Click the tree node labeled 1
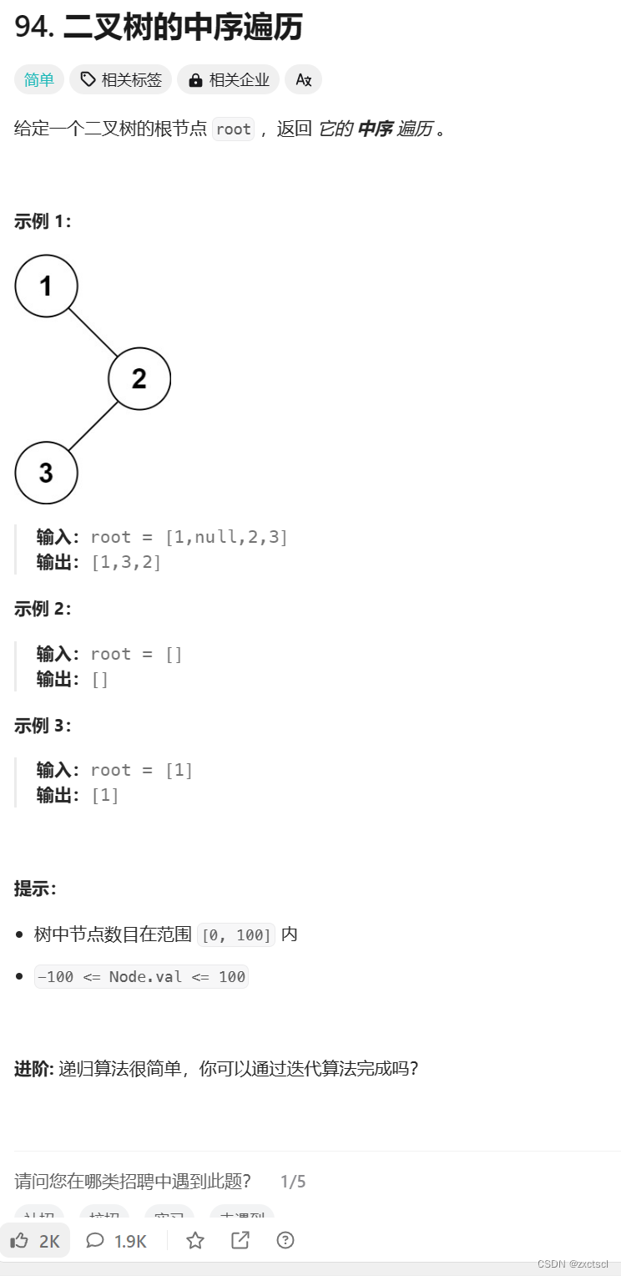click(46, 286)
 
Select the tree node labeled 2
click(139, 379)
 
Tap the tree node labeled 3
click(46, 473)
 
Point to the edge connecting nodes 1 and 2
click(93, 332)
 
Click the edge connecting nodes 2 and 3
click(93, 427)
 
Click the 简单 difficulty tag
click(38, 80)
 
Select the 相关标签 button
click(120, 80)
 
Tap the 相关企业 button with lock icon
click(228, 80)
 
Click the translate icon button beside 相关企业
click(303, 80)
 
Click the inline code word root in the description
click(233, 129)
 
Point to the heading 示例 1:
click(43, 221)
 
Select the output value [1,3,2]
click(126, 562)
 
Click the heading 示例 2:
click(43, 609)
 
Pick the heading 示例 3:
click(43, 726)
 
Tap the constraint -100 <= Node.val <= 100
click(141, 976)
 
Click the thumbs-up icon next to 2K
click(18, 1241)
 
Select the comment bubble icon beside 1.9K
click(95, 1241)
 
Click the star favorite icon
click(195, 1241)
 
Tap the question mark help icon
click(285, 1241)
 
